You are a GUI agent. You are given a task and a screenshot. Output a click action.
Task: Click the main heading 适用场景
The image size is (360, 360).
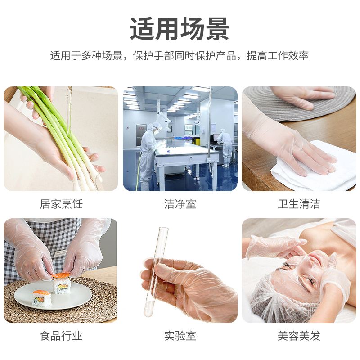tap(180, 29)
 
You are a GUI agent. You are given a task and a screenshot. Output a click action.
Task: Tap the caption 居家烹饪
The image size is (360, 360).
tap(61, 204)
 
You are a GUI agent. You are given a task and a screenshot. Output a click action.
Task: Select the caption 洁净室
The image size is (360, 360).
tap(180, 204)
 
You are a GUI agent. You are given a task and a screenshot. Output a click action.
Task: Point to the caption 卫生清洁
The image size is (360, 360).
tap(299, 204)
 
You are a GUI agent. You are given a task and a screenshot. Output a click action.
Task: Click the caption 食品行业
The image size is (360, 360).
tap(61, 336)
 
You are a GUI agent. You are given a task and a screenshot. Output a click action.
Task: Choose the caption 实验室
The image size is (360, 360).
tap(180, 336)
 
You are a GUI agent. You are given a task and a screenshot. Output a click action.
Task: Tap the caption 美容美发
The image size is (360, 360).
tap(299, 336)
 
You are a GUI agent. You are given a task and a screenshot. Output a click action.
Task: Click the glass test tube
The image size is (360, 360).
tap(156, 272)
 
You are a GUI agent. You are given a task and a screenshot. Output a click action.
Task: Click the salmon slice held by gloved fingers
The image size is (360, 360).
tap(61, 274)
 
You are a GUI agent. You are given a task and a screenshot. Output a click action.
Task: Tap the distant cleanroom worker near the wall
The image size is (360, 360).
tap(225, 147)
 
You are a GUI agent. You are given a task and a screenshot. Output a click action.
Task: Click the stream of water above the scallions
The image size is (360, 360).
tap(69, 108)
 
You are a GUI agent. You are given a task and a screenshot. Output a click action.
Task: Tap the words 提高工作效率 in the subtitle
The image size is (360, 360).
tap(278, 55)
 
